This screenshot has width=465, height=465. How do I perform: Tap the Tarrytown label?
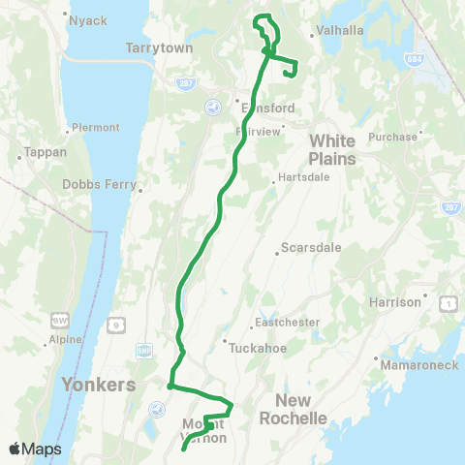160,47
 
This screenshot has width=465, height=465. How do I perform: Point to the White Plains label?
332,150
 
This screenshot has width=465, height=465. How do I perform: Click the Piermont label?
97,127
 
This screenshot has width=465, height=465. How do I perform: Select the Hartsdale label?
304,177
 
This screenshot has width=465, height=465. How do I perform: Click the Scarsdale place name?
310,248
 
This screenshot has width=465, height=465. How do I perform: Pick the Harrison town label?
395,302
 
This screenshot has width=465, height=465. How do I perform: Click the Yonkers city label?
98,385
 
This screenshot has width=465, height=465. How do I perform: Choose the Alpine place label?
64,340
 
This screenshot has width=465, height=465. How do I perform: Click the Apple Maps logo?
35,449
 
